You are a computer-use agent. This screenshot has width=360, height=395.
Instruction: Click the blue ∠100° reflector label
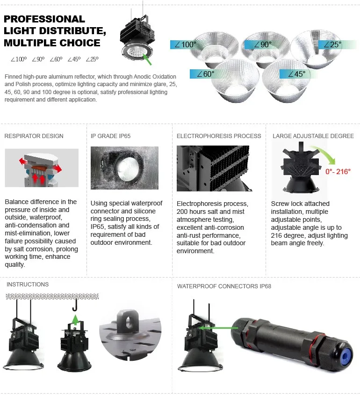pyautogui.click(x=183, y=45)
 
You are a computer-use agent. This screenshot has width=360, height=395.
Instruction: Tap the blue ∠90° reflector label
pyautogui.click(x=259, y=45)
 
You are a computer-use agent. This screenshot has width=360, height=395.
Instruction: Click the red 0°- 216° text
pyautogui.click(x=338, y=171)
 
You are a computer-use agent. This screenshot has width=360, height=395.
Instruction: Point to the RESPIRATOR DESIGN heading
pyautogui.click(x=34, y=136)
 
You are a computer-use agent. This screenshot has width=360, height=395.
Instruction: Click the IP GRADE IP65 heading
pyautogui.click(x=110, y=136)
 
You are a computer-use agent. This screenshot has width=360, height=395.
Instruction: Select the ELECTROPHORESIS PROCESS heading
pyautogui.click(x=219, y=136)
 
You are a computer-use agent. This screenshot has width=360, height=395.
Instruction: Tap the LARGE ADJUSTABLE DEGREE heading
pyautogui.click(x=313, y=136)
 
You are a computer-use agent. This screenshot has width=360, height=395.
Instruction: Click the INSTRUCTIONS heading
pyautogui.click(x=28, y=284)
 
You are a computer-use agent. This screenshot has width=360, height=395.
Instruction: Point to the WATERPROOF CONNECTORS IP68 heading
pyautogui.click(x=224, y=286)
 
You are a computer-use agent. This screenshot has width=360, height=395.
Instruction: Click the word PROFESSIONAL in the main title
pyautogui.click(x=44, y=19)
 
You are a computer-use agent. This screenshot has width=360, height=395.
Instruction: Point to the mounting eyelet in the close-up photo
pyautogui.click(x=128, y=320)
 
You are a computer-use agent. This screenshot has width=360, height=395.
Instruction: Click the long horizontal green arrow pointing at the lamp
pyautogui.click(x=220, y=328)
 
